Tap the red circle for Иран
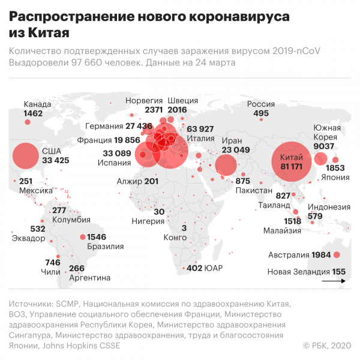pyautogui.click(x=226, y=164)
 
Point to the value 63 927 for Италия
pyautogui.click(x=200, y=129)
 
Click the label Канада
pyautogui.click(x=37, y=104)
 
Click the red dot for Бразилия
pyautogui.click(x=82, y=237)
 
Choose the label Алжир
pyautogui.click(x=130, y=181)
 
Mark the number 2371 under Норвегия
pyautogui.click(x=153, y=110)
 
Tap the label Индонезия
pyautogui.click(x=329, y=207)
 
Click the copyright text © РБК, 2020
pyautogui.click(x=328, y=345)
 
